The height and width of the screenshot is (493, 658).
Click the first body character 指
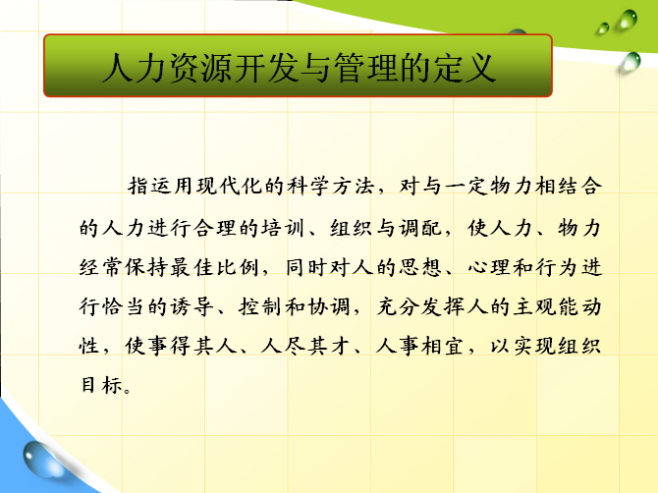(x=138, y=186)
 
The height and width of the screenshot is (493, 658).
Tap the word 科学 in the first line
(x=307, y=186)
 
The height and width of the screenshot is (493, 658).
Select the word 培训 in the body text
(x=283, y=228)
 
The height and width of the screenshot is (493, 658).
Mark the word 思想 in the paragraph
(x=419, y=268)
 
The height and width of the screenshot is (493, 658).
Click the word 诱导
(x=192, y=306)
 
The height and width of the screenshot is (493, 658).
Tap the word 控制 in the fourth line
(x=259, y=306)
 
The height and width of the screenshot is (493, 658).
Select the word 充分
(x=397, y=306)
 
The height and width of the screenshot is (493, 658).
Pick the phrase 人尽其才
(x=305, y=347)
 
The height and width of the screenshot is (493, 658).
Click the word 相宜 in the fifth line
(x=442, y=347)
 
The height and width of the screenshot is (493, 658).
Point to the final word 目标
(x=101, y=385)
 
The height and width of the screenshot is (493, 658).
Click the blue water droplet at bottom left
(x=42, y=460)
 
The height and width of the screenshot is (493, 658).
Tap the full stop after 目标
(x=127, y=391)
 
